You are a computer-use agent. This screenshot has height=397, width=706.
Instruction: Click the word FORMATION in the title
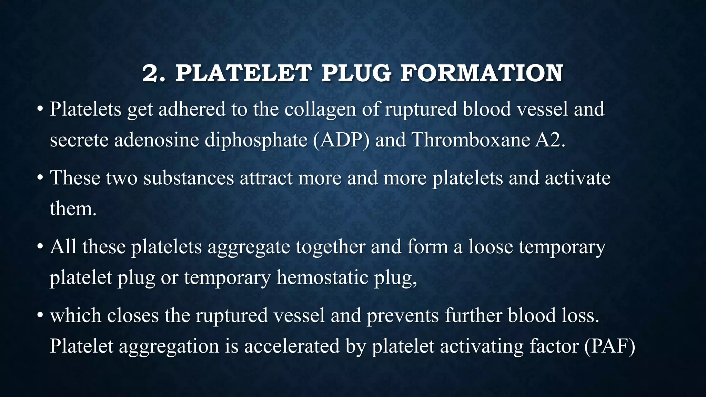(x=482, y=73)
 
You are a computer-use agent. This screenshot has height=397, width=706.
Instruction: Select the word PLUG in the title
(x=356, y=73)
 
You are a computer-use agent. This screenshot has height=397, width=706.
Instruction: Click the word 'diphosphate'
(x=256, y=141)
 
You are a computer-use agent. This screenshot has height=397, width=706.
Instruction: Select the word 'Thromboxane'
(x=471, y=140)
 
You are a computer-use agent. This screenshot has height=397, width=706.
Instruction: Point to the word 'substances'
(x=189, y=178)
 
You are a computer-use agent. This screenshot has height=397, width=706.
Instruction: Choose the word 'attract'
(x=266, y=178)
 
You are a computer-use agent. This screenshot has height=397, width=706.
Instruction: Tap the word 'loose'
(x=491, y=247)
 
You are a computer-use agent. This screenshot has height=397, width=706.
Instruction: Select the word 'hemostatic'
(x=322, y=278)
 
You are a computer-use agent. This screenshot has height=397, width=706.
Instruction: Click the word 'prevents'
(x=402, y=316)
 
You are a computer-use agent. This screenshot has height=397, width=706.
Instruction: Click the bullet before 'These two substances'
(x=40, y=179)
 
